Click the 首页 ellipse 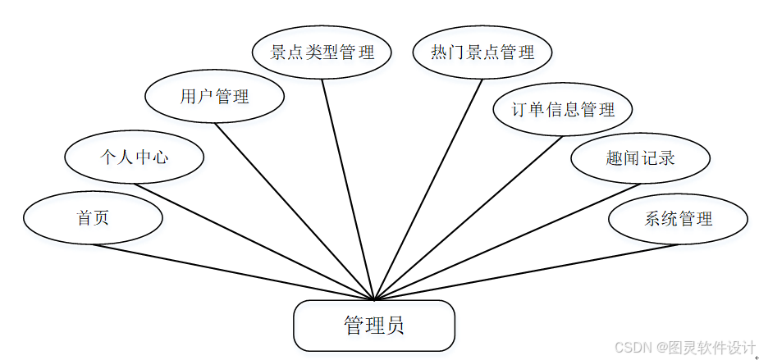tap(93, 218)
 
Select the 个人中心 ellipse tap(134, 157)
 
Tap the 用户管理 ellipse tap(214, 97)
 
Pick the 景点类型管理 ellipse tap(322, 52)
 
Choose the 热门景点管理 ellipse tap(482, 52)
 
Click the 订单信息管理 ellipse tap(563, 109)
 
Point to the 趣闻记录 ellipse tap(640, 157)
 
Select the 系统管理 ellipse tap(678, 219)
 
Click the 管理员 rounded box tap(374, 326)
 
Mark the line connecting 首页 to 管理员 tap(234, 272)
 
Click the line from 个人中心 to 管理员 tap(254, 241)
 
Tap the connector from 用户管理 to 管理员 tap(294, 211)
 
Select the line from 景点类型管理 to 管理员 tap(348, 189)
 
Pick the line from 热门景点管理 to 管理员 tap(428, 189)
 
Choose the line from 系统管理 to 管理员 tap(526, 272)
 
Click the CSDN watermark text tap(684, 348)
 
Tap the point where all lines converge tap(374, 299)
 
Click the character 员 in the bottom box tap(396, 326)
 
